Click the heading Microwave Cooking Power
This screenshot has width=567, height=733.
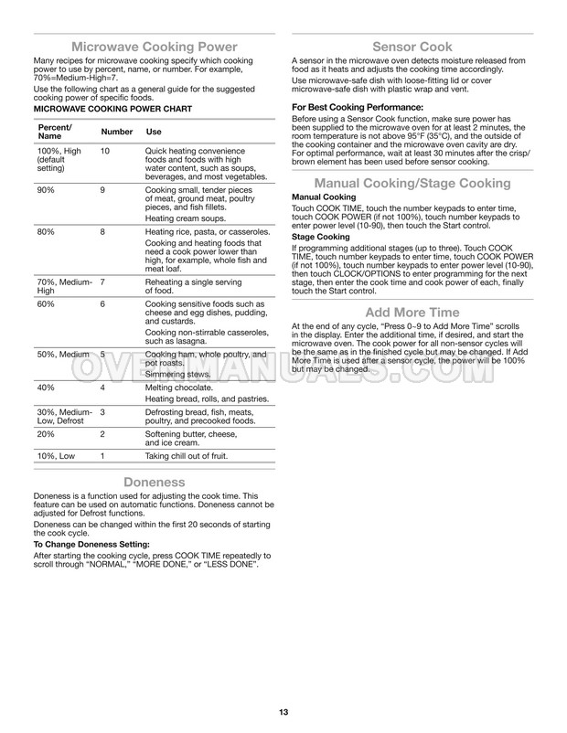pyautogui.click(x=155, y=46)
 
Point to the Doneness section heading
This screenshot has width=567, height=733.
pyautogui.click(x=155, y=482)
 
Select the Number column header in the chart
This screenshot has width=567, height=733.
pyautogui.click(x=116, y=132)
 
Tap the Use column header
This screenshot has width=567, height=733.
pyautogui.click(x=154, y=132)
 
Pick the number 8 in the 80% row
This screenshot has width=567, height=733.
pyautogui.click(x=103, y=231)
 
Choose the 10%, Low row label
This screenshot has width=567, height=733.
pyautogui.click(x=56, y=455)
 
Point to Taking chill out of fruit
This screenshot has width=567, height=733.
pyautogui.click(x=187, y=455)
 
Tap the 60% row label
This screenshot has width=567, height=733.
pyautogui.click(x=46, y=303)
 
